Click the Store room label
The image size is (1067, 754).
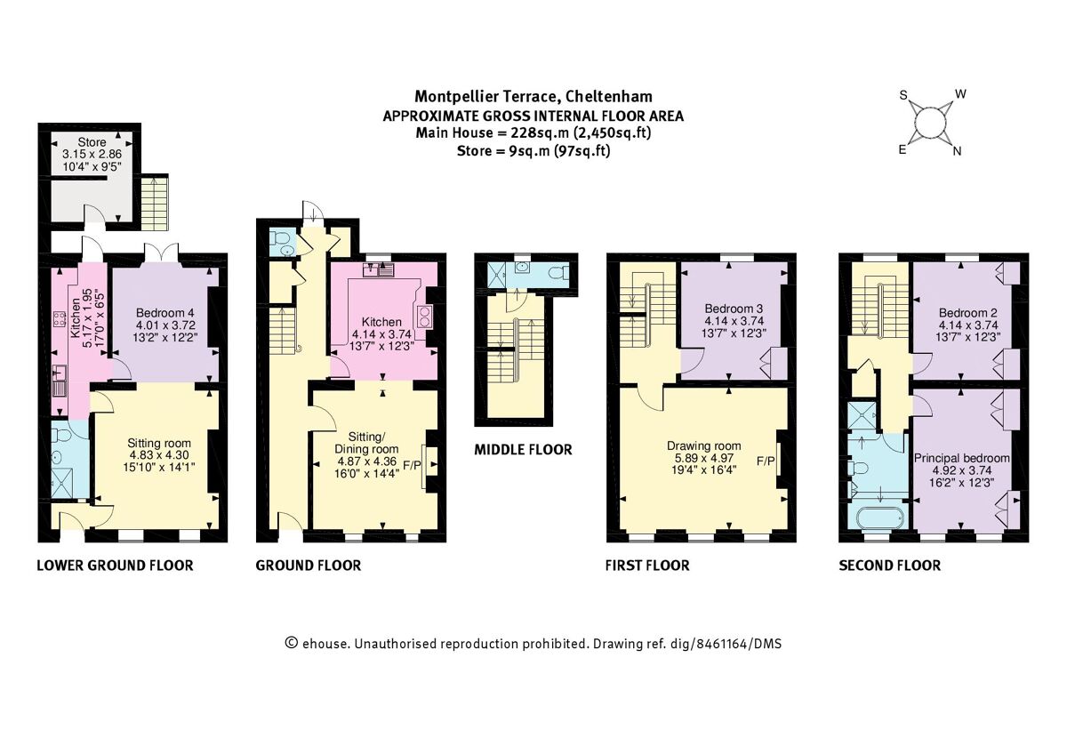coord(92,142)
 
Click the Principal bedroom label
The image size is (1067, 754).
coord(962,458)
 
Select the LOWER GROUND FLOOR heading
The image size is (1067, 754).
coord(114,565)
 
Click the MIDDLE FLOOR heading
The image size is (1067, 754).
coord(522,450)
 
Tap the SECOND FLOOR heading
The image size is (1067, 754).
coord(889,565)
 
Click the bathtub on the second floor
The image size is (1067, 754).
coord(878,518)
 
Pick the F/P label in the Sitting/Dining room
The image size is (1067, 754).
coord(412,465)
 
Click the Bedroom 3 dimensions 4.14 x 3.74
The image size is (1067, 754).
coord(733,321)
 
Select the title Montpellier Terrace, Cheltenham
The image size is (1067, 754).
coord(533,96)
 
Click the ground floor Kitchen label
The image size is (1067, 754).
coord(381,322)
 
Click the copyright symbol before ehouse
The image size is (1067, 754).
coord(290,643)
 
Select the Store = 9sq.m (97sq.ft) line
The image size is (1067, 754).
coord(533,150)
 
